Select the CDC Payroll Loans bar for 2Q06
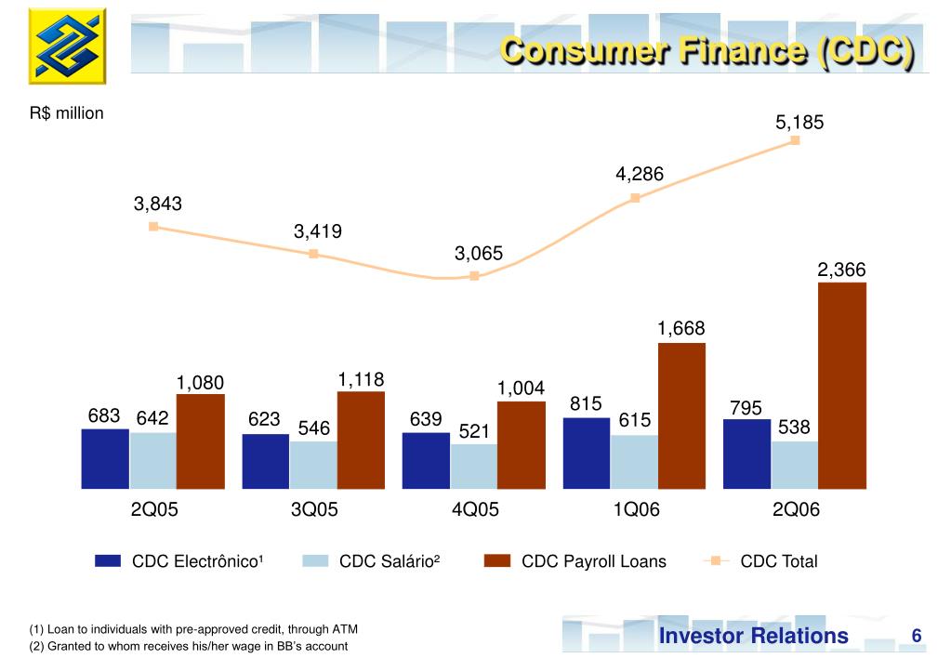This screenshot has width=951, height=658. [x=841, y=386]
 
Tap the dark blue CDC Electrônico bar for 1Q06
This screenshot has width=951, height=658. [x=587, y=453]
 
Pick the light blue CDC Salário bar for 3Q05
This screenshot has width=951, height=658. [x=313, y=465]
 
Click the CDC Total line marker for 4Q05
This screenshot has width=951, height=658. [x=474, y=276]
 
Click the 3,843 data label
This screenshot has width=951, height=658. [x=157, y=204]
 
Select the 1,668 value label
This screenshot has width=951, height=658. [x=680, y=328]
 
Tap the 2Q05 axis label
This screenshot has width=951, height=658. [x=153, y=510]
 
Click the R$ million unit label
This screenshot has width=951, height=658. [x=66, y=113]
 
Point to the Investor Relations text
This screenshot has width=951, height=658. [x=753, y=636]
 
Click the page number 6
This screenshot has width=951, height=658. [x=916, y=636]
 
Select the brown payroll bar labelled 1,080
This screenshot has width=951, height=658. [x=201, y=441]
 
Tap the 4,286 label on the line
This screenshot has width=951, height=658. [x=639, y=175]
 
